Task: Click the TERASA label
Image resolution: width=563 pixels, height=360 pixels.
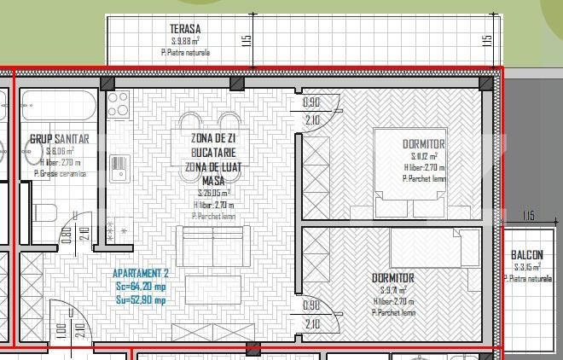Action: pyautogui.click(x=184, y=29)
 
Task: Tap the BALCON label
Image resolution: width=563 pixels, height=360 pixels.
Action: pyautogui.click(x=526, y=255)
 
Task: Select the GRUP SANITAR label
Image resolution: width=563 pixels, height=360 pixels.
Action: pyautogui.click(x=59, y=138)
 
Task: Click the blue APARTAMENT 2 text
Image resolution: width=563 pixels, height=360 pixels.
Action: pyautogui.click(x=142, y=274)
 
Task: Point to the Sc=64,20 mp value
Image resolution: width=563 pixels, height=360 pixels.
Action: pyautogui.click(x=142, y=287)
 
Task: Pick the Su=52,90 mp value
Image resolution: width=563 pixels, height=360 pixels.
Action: pyautogui.click(x=142, y=299)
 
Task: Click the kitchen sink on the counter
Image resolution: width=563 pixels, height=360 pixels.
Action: pyautogui.click(x=118, y=166)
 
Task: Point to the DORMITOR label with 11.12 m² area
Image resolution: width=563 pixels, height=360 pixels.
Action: pyautogui.click(x=424, y=143)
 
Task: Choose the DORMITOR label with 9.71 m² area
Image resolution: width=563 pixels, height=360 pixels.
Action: pyautogui.click(x=393, y=278)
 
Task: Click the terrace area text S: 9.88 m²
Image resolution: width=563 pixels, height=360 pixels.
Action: pyautogui.click(x=185, y=40)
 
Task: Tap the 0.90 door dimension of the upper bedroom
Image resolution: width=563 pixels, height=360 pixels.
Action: pyautogui.click(x=312, y=103)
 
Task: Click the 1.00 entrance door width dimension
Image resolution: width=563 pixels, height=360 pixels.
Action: pyautogui.click(x=61, y=329)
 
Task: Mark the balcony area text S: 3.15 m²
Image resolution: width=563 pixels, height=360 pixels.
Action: pyautogui.click(x=526, y=267)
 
